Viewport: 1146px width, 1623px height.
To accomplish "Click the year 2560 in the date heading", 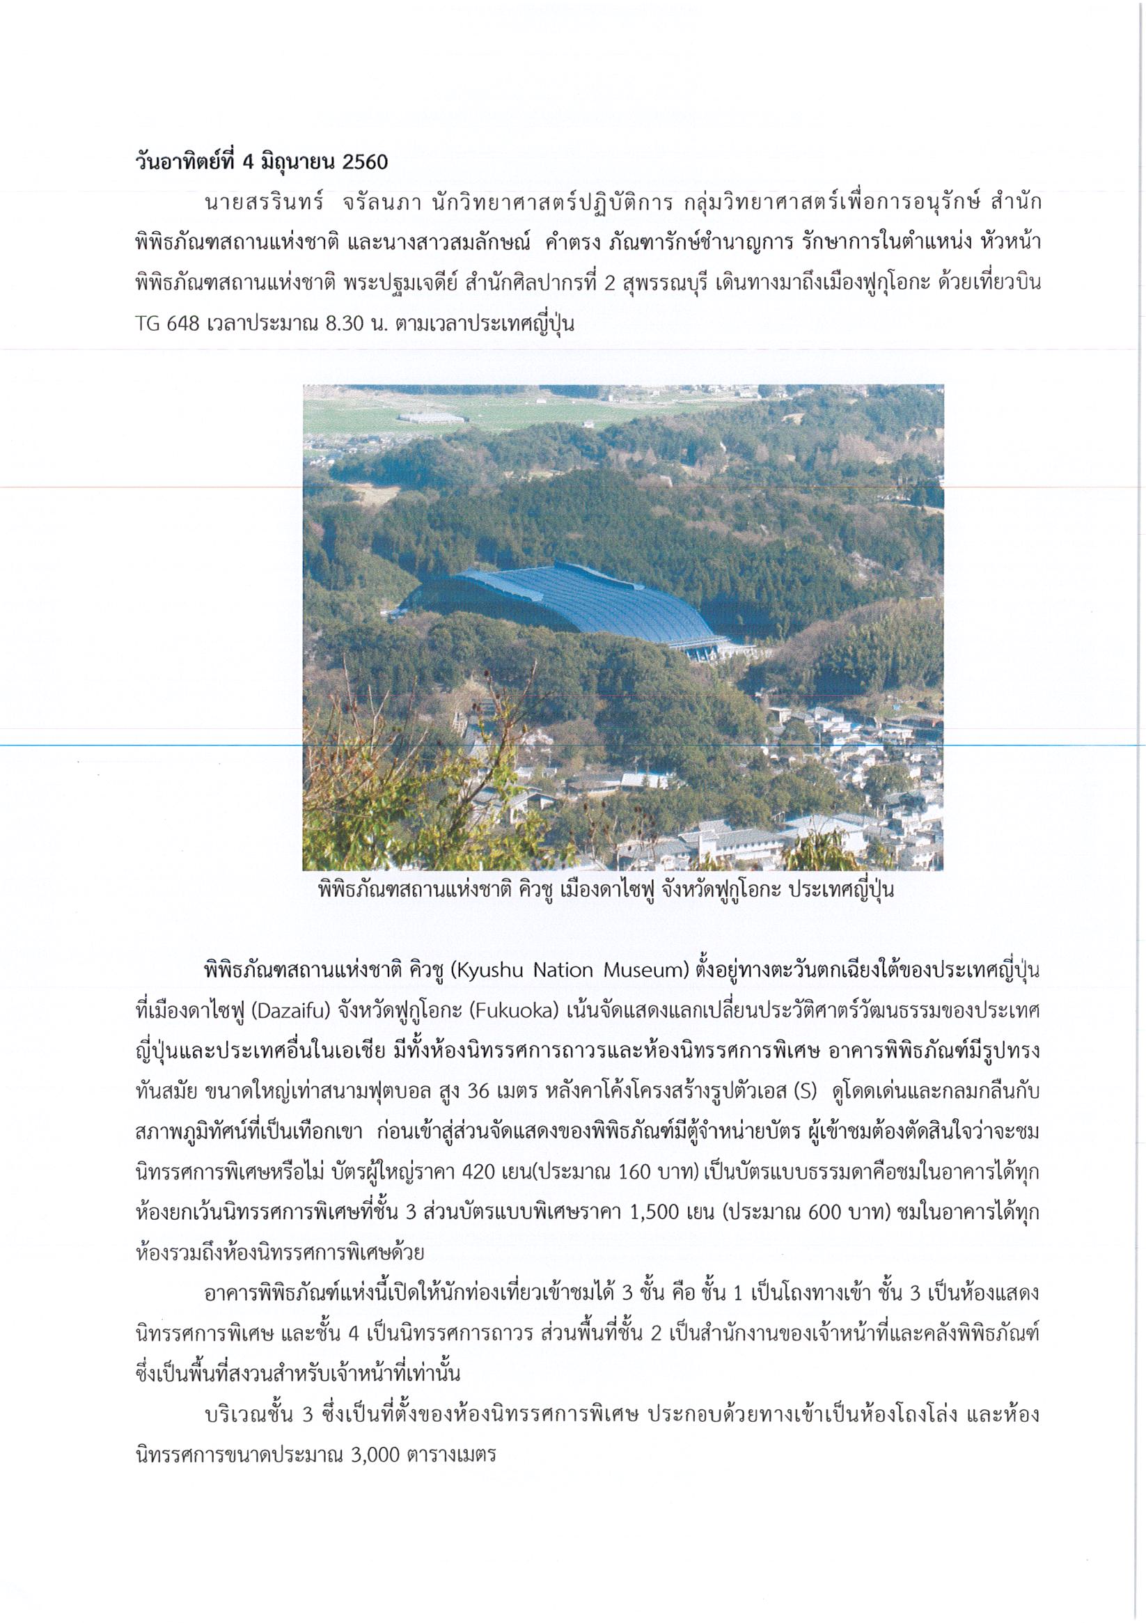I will tap(365, 163).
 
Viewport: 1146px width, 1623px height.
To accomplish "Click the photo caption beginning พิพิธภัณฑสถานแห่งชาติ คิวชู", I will tap(606, 890).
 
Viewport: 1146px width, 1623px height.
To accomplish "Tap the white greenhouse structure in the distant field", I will tap(432, 417).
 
